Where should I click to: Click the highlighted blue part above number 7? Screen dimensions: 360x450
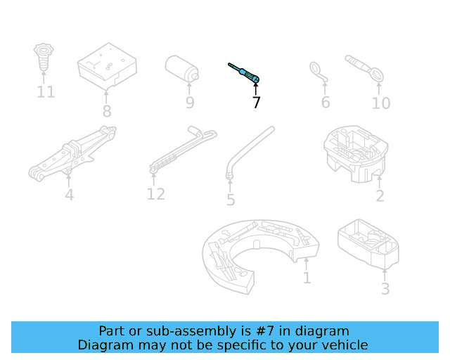(x=246, y=73)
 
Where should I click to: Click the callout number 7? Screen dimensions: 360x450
(x=256, y=103)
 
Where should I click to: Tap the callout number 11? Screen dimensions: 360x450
(x=46, y=92)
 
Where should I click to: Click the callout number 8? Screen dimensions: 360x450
(x=106, y=111)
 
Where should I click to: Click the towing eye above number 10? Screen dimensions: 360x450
(x=364, y=68)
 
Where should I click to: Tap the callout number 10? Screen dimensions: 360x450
(x=380, y=103)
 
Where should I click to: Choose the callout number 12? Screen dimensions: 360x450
(x=155, y=194)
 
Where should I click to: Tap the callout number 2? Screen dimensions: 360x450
(x=380, y=196)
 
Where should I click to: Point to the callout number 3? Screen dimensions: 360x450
(x=385, y=288)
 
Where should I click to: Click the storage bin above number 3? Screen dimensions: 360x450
(x=369, y=243)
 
